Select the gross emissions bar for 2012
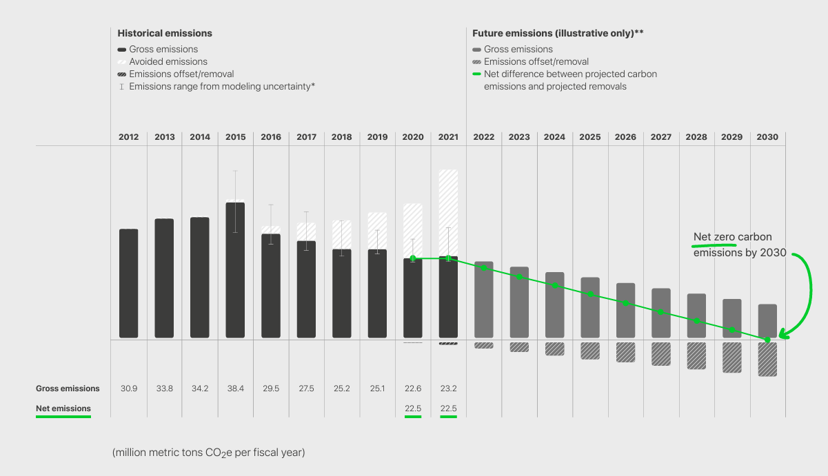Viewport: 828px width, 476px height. [129, 283]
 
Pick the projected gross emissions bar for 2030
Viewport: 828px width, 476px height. [767, 320]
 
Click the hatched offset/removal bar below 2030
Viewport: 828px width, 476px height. [767, 359]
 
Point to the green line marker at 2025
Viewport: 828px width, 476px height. [590, 294]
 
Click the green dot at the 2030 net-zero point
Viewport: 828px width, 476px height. [767, 340]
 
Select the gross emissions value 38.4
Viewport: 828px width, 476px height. [235, 389]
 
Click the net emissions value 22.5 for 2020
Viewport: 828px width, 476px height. [413, 408]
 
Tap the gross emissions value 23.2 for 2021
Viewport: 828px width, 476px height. [448, 389]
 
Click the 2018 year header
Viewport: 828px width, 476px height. [342, 137]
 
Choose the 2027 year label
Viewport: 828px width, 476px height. [661, 137]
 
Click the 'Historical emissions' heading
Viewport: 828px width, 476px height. [165, 33]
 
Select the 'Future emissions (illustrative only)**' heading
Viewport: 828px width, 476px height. [558, 33]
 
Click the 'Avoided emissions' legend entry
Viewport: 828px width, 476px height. [168, 61]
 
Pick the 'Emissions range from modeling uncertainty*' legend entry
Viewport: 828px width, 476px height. [221, 86]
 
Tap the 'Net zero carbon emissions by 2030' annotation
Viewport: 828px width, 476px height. [739, 245]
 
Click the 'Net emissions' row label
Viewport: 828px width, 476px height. [63, 408]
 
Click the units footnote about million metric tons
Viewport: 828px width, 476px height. [208, 453]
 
